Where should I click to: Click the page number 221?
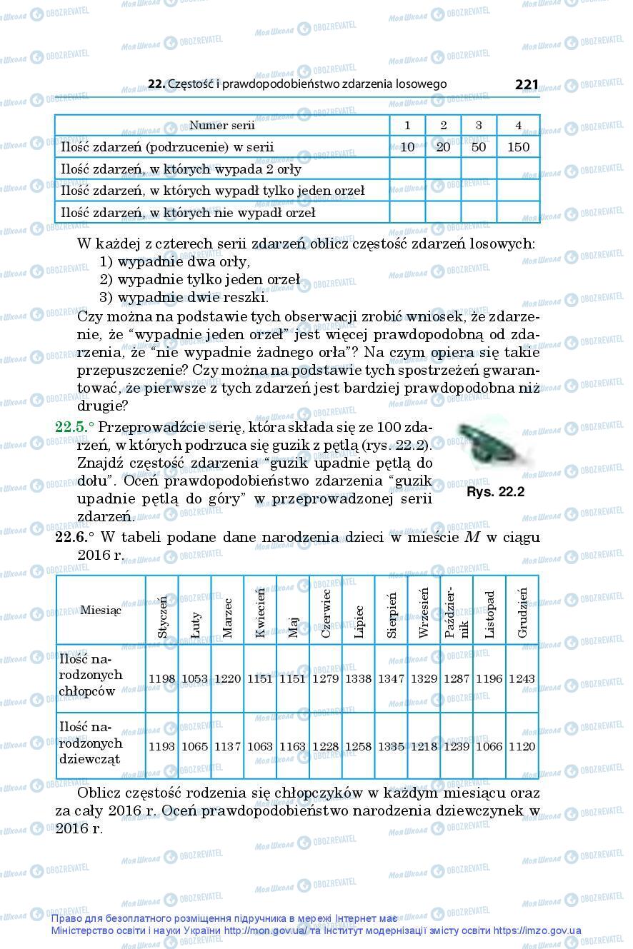pyautogui.click(x=526, y=85)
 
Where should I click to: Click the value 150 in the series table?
pyautogui.click(x=518, y=147)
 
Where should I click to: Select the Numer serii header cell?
pyautogui.click(x=221, y=126)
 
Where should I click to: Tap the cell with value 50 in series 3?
pyautogui.click(x=479, y=147)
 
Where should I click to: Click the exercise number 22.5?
pyautogui.click(x=74, y=428)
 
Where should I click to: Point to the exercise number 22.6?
pyautogui.click(x=74, y=537)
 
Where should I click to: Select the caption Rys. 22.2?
pyautogui.click(x=495, y=492)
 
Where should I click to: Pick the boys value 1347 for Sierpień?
pyautogui.click(x=391, y=678)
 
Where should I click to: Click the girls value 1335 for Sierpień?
pyautogui.click(x=391, y=747)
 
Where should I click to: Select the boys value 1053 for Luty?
pyautogui.click(x=194, y=678)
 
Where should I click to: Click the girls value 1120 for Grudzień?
pyautogui.click(x=522, y=747)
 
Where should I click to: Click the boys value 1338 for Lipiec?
pyautogui.click(x=358, y=678)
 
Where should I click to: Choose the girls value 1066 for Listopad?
pyautogui.click(x=489, y=747)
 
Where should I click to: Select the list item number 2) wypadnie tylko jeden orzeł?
pyautogui.click(x=199, y=280)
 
